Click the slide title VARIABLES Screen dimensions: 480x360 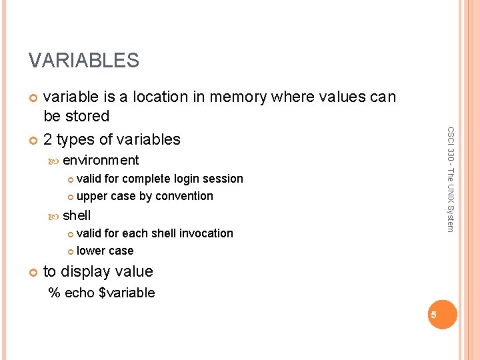click(x=83, y=61)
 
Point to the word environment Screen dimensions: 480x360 click(x=101, y=160)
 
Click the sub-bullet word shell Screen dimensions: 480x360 click(x=77, y=215)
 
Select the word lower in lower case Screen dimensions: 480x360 click(x=91, y=251)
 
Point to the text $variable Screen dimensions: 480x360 click(x=126, y=293)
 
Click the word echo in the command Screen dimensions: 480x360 click(x=79, y=293)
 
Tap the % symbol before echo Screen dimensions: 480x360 click(x=54, y=293)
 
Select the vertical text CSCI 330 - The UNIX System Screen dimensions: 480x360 click(x=450, y=180)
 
